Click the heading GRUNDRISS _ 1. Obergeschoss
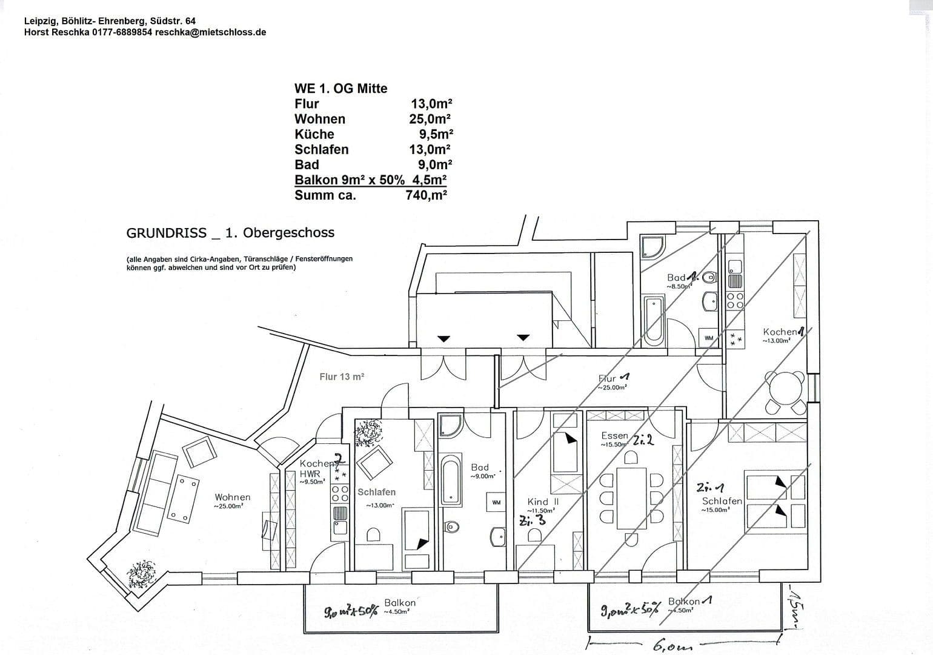[x=230, y=233]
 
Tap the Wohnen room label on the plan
[x=232, y=498]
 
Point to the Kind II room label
[x=543, y=502]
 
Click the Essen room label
[x=615, y=436]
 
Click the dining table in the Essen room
[x=631, y=498]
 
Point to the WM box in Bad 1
[x=708, y=338]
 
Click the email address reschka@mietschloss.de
[x=210, y=32]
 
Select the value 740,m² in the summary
[x=426, y=195]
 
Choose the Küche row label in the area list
[x=314, y=134]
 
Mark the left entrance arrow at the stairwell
[x=444, y=338]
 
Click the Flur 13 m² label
[x=342, y=377]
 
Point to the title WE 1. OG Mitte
[x=340, y=89]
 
